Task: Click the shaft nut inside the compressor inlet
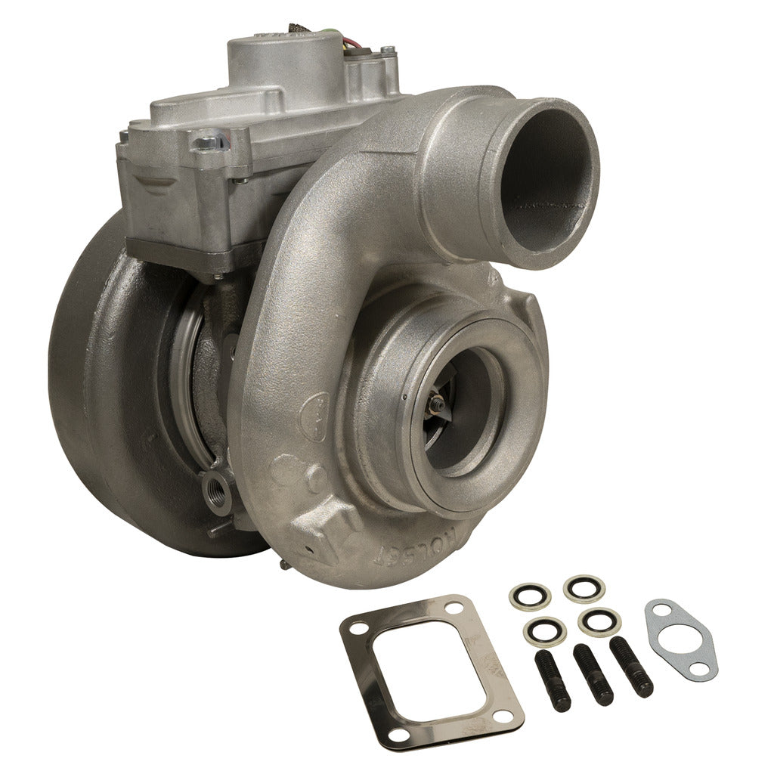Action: click(433, 409)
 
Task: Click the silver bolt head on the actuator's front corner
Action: click(206, 141)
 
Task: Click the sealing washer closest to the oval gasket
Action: click(599, 621)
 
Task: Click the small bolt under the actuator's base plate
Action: click(218, 277)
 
